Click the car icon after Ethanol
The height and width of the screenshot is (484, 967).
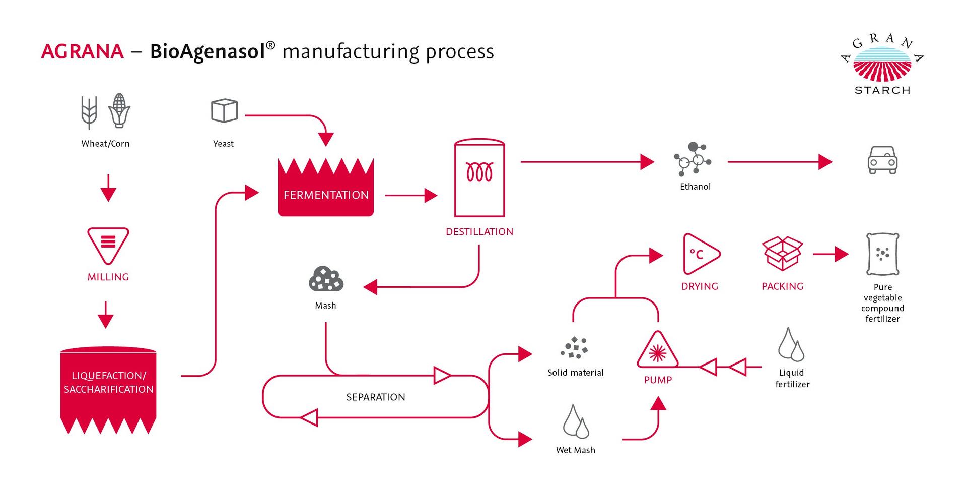[x=882, y=160]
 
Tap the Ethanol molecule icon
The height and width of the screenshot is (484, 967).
[x=693, y=158]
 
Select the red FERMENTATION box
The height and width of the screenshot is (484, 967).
[x=326, y=189]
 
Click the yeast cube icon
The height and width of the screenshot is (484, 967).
[x=224, y=111]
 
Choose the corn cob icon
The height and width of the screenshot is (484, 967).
[x=119, y=110]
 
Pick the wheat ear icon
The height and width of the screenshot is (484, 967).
[x=89, y=112]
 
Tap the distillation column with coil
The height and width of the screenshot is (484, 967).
[x=479, y=177]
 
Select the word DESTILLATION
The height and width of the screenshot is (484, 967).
[x=479, y=232]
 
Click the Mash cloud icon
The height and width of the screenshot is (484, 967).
[x=326, y=280]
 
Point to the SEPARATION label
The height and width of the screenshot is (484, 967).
[x=376, y=397]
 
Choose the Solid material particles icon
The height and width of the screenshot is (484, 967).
[x=575, y=347]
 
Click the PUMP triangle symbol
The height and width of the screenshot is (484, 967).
[x=657, y=350]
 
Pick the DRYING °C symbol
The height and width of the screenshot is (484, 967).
[x=700, y=254]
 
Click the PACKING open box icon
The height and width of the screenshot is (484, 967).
[x=782, y=254]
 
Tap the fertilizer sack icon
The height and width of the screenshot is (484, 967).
[x=882, y=254]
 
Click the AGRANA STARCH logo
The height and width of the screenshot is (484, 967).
[x=882, y=64]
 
